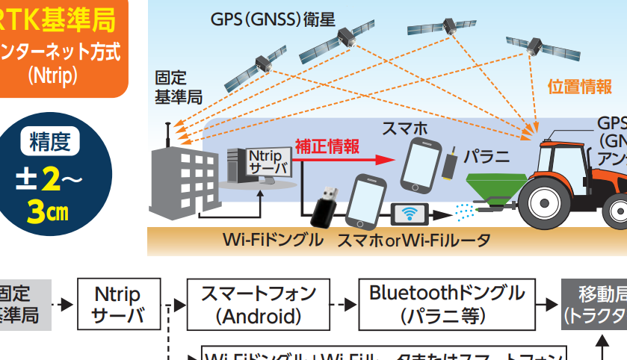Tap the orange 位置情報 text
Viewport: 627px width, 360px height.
coord(580,86)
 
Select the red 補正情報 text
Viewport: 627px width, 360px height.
coord(327,145)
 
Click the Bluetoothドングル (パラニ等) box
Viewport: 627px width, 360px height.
coord(447,304)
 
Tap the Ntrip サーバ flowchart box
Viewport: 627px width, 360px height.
coord(117,304)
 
